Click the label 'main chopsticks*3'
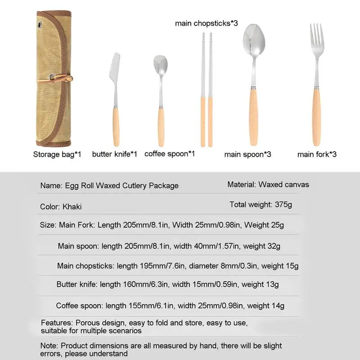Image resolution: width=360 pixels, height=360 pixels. point(206,23)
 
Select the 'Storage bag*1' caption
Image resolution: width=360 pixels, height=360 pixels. point(57,154)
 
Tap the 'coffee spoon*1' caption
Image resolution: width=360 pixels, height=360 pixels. point(170,154)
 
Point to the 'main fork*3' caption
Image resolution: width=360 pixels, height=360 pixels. point(317,154)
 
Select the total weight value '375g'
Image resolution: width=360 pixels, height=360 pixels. point(283,204)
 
